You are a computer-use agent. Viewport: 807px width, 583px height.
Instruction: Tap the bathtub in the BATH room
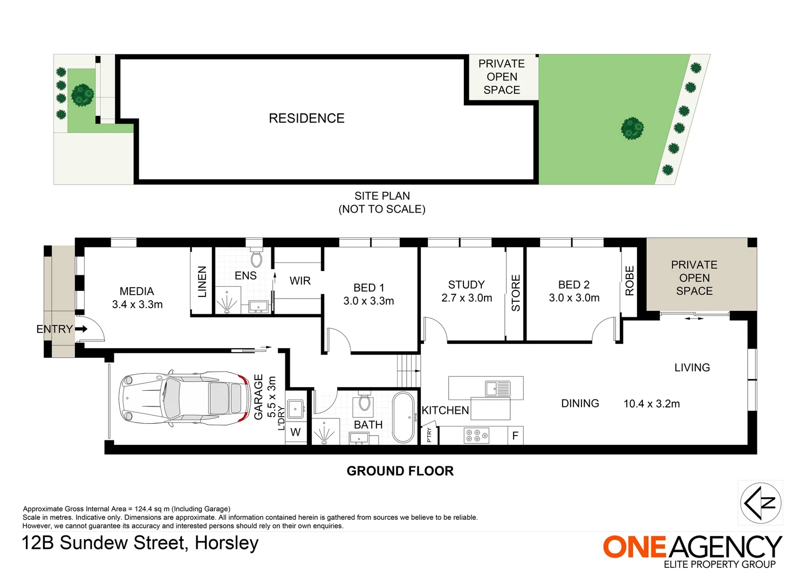coord(404,417)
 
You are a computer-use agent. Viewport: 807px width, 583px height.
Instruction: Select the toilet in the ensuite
coord(257,259)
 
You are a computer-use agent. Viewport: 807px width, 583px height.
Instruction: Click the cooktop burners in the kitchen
coord(476,436)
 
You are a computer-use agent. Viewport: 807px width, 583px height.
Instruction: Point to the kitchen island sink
coord(497,388)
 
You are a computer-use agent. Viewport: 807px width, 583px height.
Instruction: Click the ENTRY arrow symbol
coord(81,329)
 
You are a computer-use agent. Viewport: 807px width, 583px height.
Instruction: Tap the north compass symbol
coord(761,503)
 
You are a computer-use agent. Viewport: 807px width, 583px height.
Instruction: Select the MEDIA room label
coord(137,291)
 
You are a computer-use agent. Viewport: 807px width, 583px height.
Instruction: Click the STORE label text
coord(516,293)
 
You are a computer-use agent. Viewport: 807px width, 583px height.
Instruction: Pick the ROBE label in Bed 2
coord(630,281)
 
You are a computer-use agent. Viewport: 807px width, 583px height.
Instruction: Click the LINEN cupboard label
coord(202,281)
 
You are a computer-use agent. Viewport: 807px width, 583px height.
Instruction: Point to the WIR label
coord(300,281)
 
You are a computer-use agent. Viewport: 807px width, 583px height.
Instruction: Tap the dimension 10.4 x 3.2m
coord(652,404)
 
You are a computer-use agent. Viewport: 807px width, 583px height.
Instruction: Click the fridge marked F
coord(515,435)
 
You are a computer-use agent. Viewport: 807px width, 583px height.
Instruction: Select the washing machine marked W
coord(296,432)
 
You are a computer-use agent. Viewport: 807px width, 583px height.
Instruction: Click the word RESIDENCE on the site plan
coord(306,118)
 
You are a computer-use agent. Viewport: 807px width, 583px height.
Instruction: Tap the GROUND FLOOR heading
coord(400,471)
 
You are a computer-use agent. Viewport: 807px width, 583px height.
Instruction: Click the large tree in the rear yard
coord(632,128)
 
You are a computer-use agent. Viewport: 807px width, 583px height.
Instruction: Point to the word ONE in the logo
coord(635,547)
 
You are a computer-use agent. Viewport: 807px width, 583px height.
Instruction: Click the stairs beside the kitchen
coord(408,371)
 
